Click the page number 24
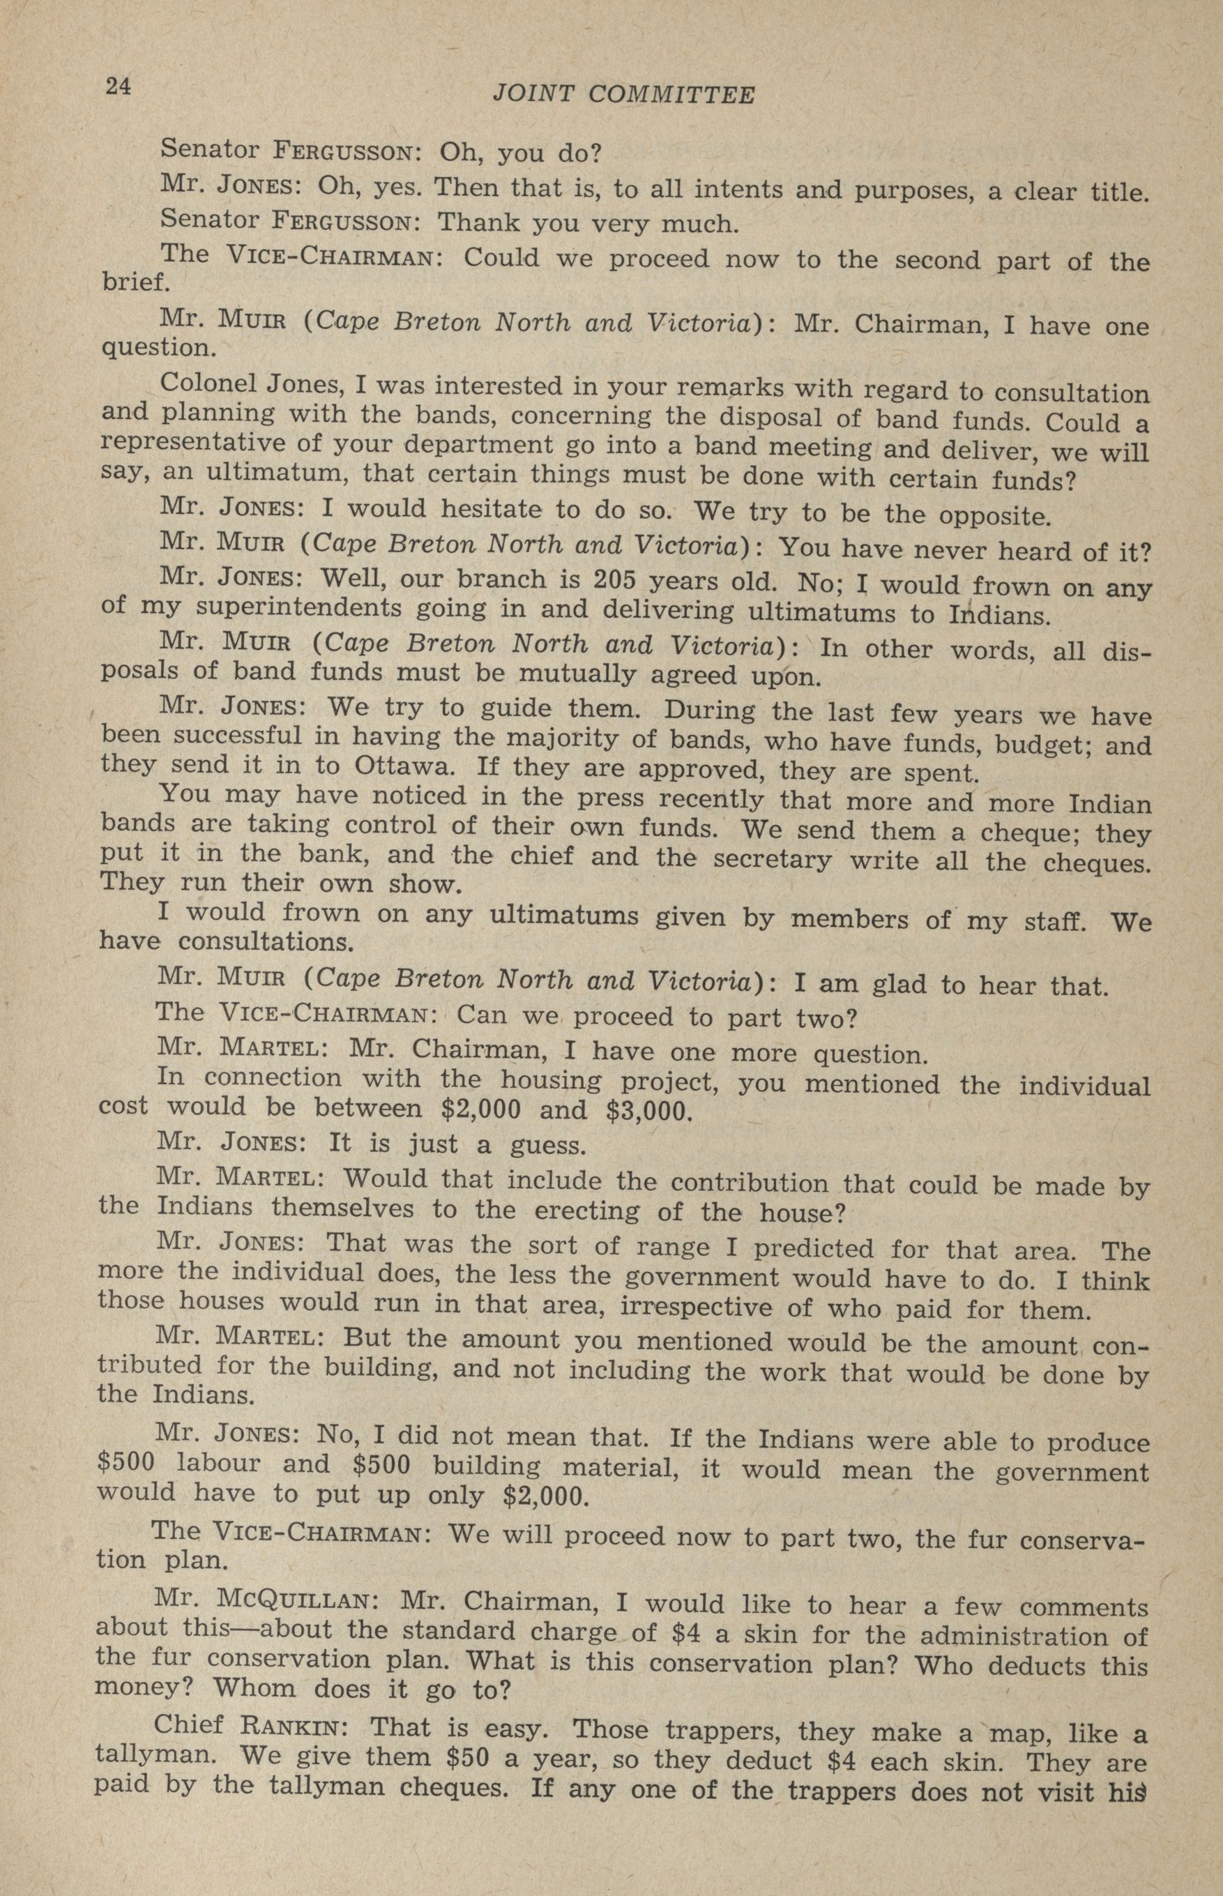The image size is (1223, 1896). coord(119,86)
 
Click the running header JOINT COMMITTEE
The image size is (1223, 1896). coord(623,94)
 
